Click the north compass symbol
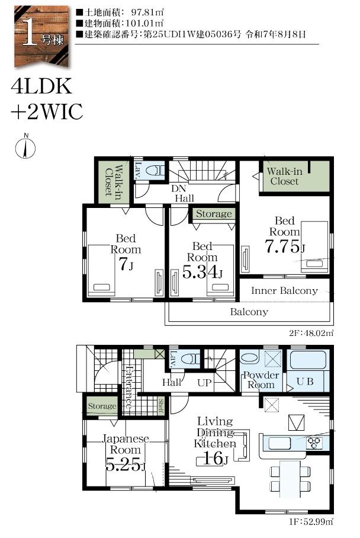pyautogui.click(x=25, y=147)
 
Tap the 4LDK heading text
pyautogui.click(x=41, y=86)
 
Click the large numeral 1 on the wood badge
pyautogui.click(x=29, y=34)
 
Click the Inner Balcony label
pyautogui.click(x=284, y=290)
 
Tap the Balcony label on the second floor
pyautogui.click(x=249, y=312)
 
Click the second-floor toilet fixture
pyautogui.click(x=155, y=170)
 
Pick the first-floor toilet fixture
pyautogui.click(x=191, y=359)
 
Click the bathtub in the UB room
pyautogui.click(x=308, y=360)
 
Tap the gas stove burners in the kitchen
pyautogui.click(x=314, y=443)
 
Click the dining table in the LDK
pyautogui.click(x=290, y=478)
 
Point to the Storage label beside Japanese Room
pyautogui.click(x=102, y=406)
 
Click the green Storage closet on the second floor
pyautogui.click(x=214, y=214)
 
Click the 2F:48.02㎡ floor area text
pyautogui.click(x=311, y=333)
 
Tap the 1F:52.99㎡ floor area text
pyautogui.click(x=311, y=523)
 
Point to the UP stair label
pyautogui.click(x=204, y=383)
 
